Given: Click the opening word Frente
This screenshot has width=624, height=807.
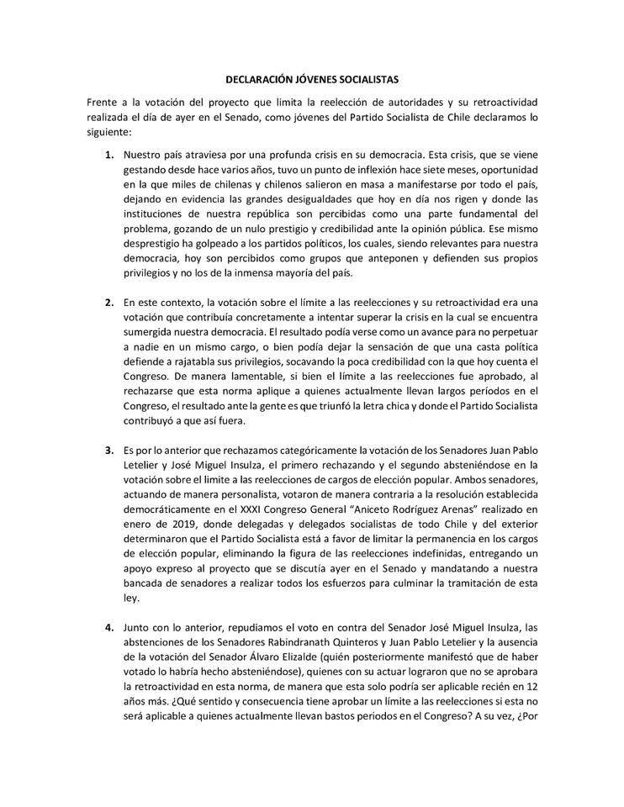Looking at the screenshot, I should coord(104,102).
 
